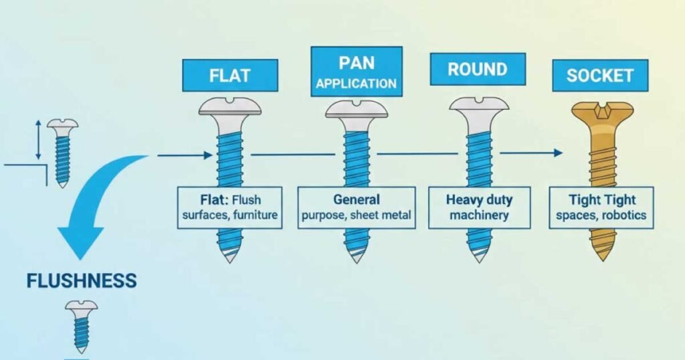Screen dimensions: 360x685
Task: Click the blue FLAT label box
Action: coord(230,75)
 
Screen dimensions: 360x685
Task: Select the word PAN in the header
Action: coord(356,62)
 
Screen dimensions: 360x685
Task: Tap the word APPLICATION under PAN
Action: coord(356,84)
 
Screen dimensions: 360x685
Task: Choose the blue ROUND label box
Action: coord(478,69)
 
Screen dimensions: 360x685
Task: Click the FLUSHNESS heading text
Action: coord(81,280)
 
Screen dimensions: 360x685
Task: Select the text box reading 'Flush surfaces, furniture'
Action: coord(229,207)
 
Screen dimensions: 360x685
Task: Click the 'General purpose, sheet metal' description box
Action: coord(356,207)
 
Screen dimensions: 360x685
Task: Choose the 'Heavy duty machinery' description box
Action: coord(479,207)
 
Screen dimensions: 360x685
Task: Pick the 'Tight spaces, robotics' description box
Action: coord(601,207)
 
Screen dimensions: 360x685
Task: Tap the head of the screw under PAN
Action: coord(357,110)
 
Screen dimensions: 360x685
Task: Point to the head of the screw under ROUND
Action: coord(479,107)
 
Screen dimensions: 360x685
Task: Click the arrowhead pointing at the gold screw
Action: coord(558,153)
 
